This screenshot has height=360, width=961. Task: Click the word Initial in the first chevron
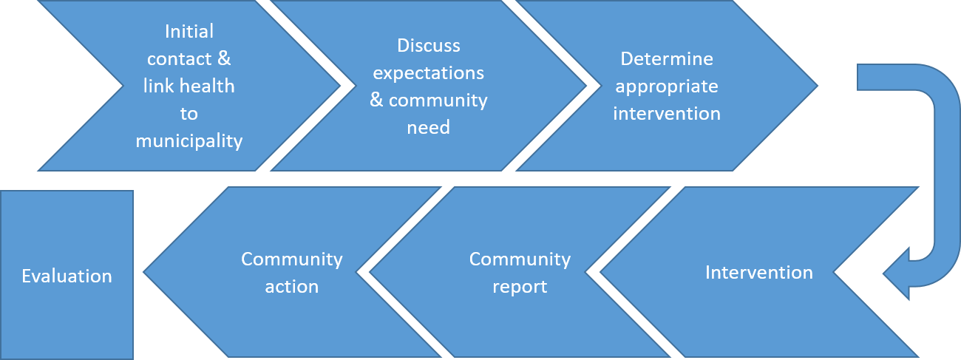click(x=189, y=31)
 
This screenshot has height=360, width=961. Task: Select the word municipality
click(x=189, y=141)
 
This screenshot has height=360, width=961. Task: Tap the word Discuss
click(x=429, y=46)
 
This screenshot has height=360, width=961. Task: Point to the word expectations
click(x=429, y=73)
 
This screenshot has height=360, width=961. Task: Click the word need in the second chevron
click(x=429, y=127)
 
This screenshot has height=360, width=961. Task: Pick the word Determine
click(x=667, y=59)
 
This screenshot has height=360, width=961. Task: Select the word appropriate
click(x=667, y=87)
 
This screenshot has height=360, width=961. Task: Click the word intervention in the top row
click(x=667, y=114)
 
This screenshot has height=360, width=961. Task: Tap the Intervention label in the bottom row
click(x=759, y=273)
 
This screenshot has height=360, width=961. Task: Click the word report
click(x=520, y=287)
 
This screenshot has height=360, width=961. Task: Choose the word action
click(x=292, y=287)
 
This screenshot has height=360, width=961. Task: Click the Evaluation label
click(x=67, y=276)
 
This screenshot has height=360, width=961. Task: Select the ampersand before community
click(x=376, y=100)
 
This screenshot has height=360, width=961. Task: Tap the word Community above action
click(x=292, y=259)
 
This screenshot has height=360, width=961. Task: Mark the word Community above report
click(x=520, y=259)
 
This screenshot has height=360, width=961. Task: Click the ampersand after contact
click(x=224, y=59)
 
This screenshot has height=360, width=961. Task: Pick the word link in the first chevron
click(x=159, y=86)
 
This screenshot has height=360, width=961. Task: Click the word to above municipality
click(x=189, y=114)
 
